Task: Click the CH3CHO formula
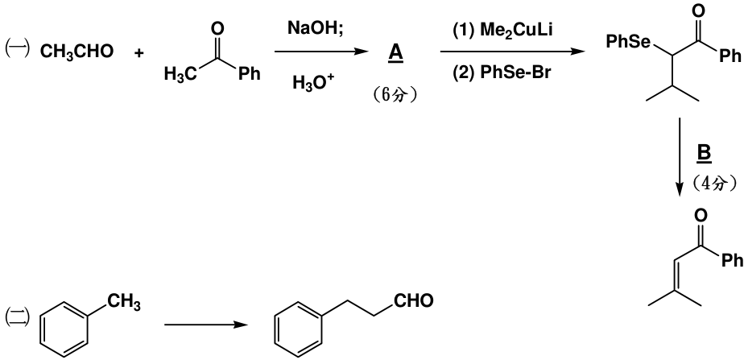(76, 52)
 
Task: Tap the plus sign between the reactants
(138, 52)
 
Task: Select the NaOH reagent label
(316, 28)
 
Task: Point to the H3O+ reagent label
(313, 83)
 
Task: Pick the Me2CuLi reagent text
(502, 31)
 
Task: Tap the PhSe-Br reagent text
(502, 73)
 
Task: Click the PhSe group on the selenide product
(628, 42)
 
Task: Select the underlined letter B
(704, 154)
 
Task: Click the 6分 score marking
(395, 95)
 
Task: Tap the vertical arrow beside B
(680, 156)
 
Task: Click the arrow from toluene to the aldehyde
(206, 325)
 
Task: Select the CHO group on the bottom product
(413, 300)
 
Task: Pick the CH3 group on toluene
(124, 302)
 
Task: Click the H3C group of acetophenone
(180, 74)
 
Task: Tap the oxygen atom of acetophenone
(217, 29)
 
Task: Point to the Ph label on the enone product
(732, 260)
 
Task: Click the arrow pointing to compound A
(321, 52)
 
